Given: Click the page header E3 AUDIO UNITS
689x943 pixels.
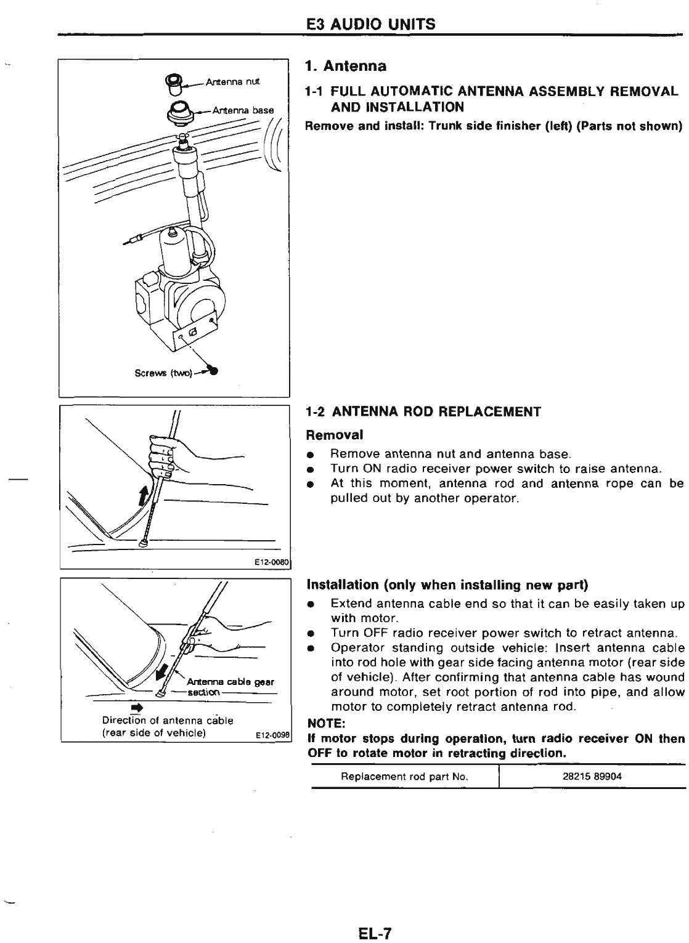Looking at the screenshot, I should [x=370, y=24].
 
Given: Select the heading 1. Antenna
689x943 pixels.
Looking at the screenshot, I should [x=346, y=66].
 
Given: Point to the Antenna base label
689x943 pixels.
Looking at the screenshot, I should [x=242, y=110].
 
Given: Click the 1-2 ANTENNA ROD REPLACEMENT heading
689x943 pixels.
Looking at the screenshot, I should [x=423, y=412].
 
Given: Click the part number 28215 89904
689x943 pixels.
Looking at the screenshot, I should [x=592, y=777].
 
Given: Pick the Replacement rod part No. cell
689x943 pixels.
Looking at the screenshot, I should [x=405, y=777].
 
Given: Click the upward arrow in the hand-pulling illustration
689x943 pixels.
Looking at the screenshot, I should [x=144, y=494].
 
